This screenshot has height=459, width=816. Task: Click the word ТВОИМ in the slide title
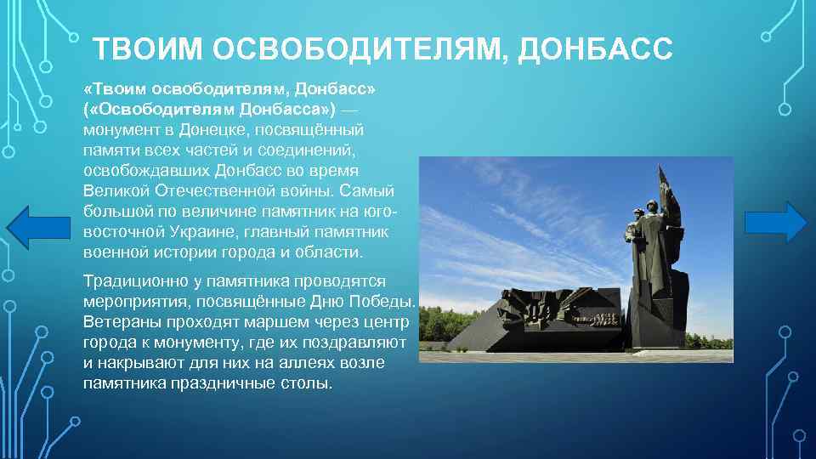[148, 49]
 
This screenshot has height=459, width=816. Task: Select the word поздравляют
[354, 343]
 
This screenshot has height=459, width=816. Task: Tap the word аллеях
[299, 364]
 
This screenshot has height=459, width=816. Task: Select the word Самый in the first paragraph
[372, 191]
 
